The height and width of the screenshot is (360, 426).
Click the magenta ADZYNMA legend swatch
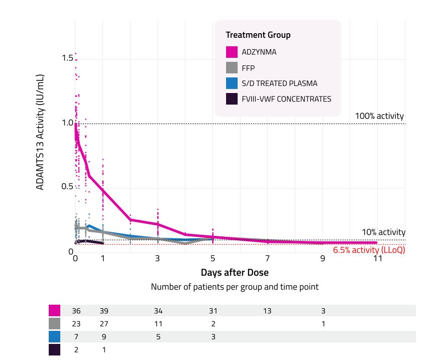tap(232, 52)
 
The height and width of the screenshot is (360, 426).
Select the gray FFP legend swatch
tap(232, 67)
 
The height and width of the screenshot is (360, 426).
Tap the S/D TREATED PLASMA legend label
tap(279, 83)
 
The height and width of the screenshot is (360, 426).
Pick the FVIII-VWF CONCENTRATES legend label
tap(286, 99)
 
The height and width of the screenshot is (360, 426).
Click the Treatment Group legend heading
tap(258, 35)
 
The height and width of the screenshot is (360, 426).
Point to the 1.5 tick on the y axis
tap(67, 58)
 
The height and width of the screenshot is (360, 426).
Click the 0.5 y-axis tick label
tap(67, 187)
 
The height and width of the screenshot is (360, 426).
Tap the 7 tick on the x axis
tap(268, 259)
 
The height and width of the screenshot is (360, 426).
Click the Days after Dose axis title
tap(235, 273)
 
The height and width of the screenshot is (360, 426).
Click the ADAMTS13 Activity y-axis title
tap(40, 132)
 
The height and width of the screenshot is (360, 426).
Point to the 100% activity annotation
tap(380, 116)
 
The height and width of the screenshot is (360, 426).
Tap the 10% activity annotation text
tap(383, 232)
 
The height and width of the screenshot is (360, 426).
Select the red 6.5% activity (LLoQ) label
tap(369, 250)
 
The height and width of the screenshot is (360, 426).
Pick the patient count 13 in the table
tap(267, 311)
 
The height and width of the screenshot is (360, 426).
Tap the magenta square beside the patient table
tap(54, 311)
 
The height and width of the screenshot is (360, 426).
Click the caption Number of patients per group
tap(235, 287)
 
